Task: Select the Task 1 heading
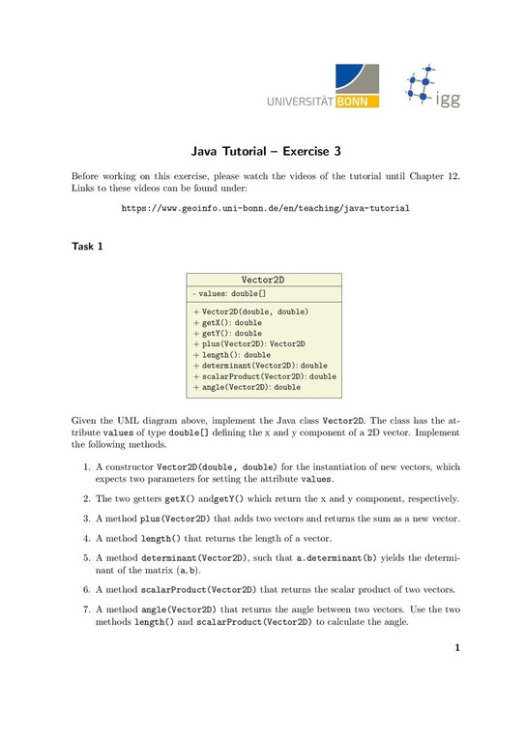click(x=87, y=247)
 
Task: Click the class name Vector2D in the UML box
click(x=263, y=280)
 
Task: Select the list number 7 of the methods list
click(x=87, y=609)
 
